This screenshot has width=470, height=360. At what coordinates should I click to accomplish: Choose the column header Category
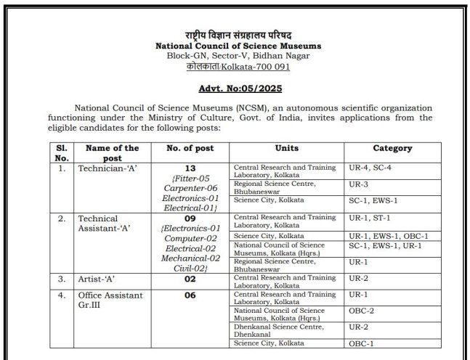[392, 148]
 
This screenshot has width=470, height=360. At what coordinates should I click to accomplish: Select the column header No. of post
[183, 148]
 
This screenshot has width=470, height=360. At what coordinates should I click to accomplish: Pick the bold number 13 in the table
[183, 168]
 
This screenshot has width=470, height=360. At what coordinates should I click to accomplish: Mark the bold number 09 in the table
[183, 218]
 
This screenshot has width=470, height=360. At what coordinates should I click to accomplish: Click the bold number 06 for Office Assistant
[183, 296]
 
